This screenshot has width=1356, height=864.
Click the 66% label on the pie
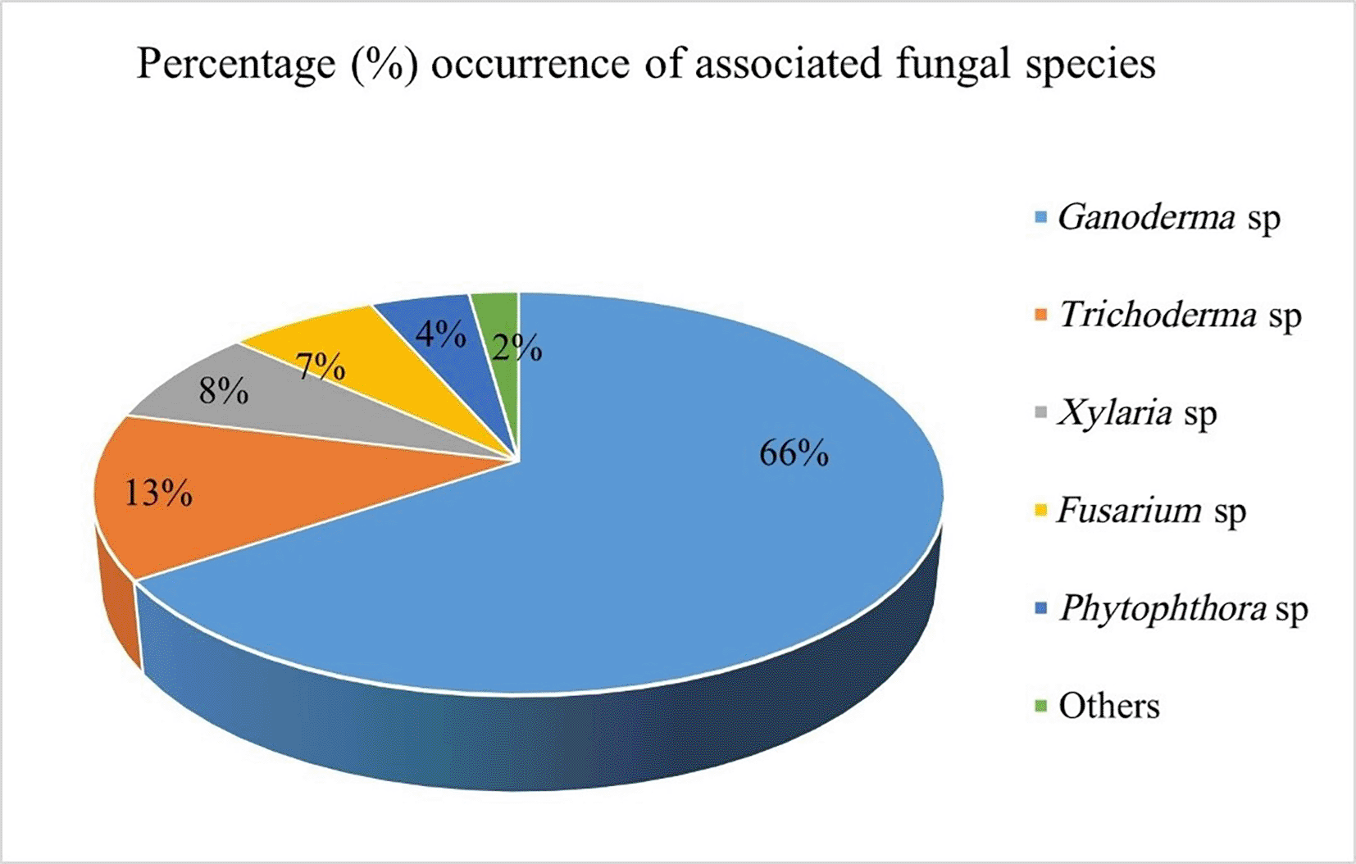coord(794,453)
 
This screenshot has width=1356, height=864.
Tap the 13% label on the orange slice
coord(158,493)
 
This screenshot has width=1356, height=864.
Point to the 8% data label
coord(224,391)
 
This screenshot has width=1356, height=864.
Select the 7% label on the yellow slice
coord(321,366)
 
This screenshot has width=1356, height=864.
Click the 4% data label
coord(440,334)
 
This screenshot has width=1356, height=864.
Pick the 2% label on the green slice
coord(517,349)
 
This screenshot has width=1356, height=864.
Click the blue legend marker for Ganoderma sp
coord(1041,218)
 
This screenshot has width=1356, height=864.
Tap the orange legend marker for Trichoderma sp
coord(1041,316)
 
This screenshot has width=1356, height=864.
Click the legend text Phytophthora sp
coord(1183,609)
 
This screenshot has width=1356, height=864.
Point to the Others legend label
coord(1108,706)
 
